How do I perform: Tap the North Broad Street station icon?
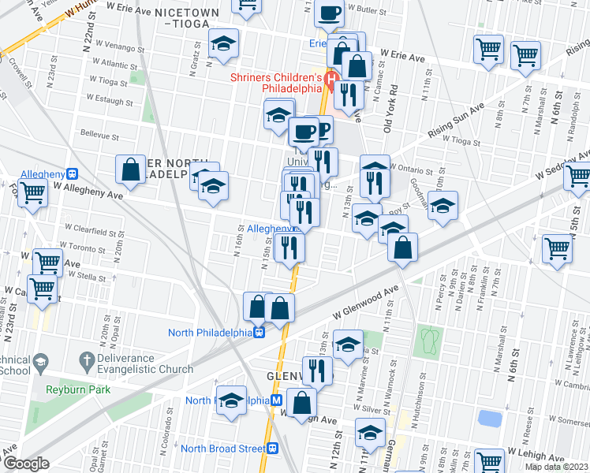(273, 449)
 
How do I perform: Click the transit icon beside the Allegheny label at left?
(72, 173)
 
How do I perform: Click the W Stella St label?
(88, 277)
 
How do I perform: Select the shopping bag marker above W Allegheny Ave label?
(130, 169)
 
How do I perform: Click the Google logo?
(27, 464)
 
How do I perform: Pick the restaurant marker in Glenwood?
(317, 369)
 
